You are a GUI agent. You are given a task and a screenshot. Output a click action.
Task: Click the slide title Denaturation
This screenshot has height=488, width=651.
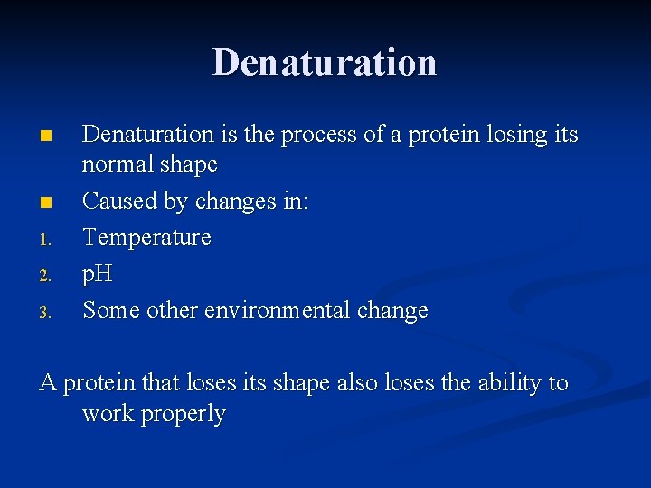(325, 62)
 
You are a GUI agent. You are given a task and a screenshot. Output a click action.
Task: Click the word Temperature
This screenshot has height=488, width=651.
(146, 238)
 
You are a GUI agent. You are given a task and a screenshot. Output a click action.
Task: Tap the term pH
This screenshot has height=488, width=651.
(97, 275)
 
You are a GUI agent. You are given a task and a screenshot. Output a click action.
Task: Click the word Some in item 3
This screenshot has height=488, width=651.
(110, 310)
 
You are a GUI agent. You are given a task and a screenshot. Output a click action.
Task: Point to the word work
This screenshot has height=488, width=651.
(107, 414)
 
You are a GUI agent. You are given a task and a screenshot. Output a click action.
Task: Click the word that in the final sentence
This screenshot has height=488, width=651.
(161, 383)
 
